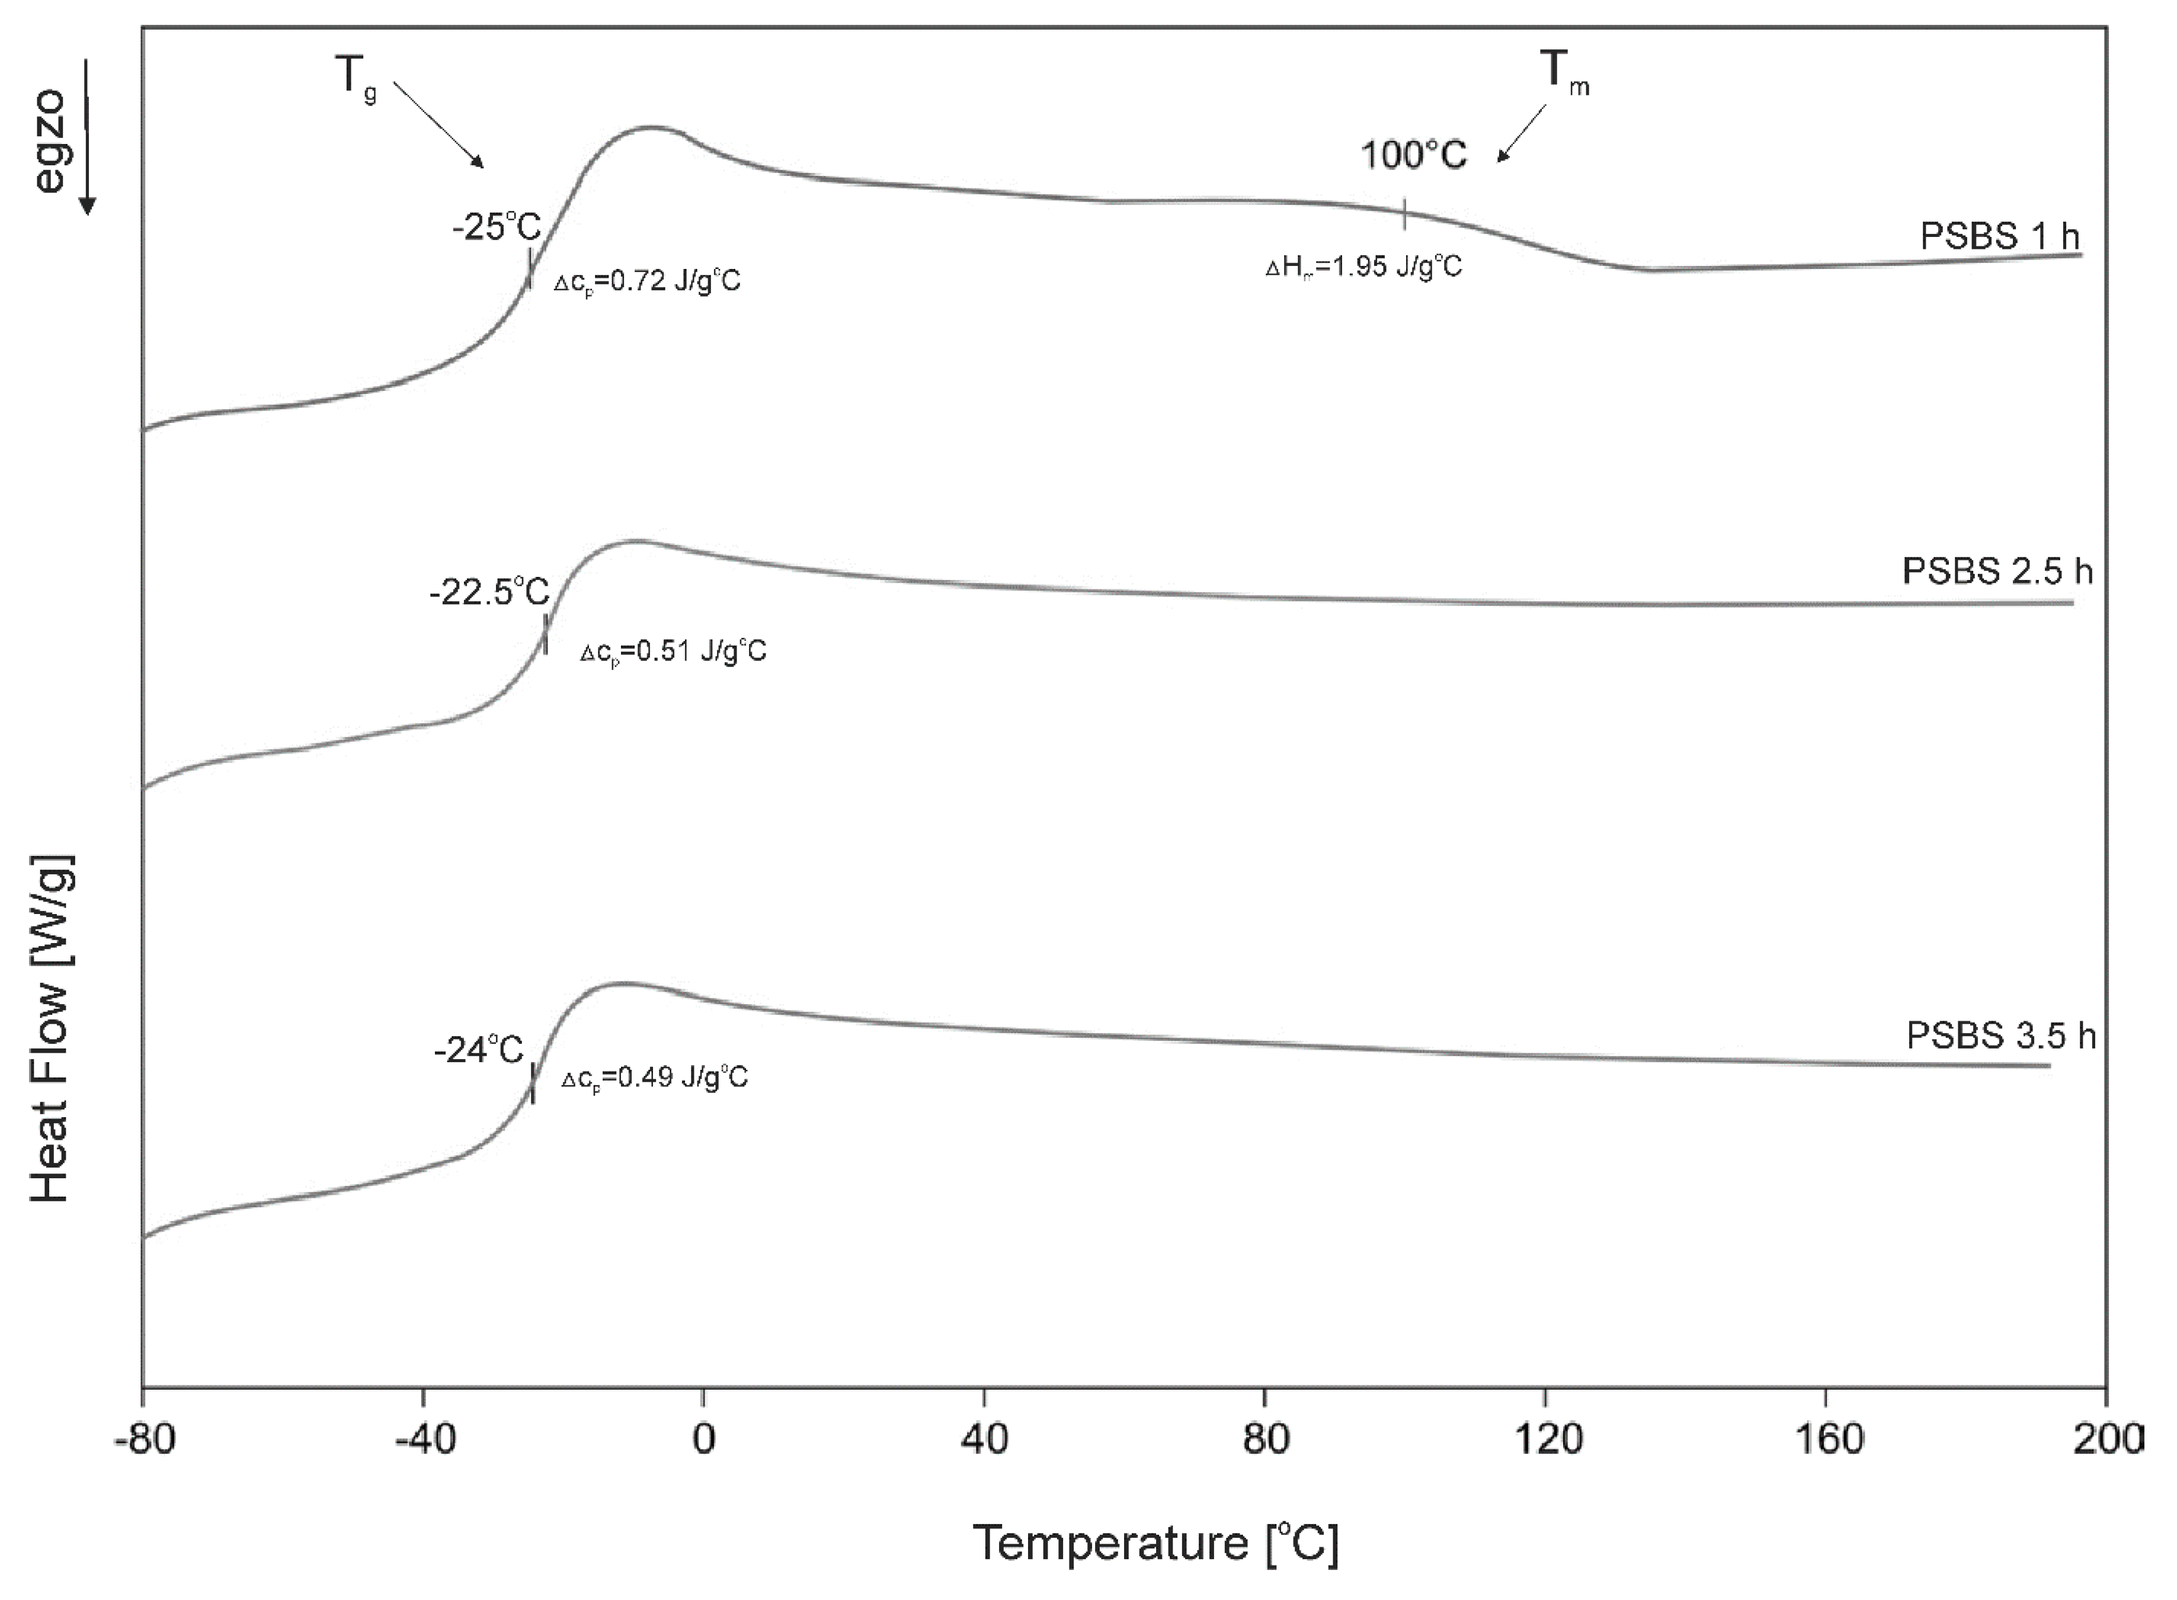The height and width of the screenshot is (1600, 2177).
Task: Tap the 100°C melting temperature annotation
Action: point(1414,155)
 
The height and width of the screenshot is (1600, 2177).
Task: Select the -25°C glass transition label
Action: point(496,227)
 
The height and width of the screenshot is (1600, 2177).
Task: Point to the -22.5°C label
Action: point(489,591)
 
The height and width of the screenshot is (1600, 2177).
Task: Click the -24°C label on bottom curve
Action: point(479,1050)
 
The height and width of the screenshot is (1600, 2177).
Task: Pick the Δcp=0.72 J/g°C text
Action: point(647,282)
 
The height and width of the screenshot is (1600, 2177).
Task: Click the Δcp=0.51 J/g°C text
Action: point(673,651)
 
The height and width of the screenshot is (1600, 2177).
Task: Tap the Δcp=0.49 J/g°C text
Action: point(655,1078)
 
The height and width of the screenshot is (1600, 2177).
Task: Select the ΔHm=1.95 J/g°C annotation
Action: point(1364,267)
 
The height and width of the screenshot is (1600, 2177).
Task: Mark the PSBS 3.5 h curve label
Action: point(2000,1036)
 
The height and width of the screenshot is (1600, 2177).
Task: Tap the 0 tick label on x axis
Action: point(703,1440)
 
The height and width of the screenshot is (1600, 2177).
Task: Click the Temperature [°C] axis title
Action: point(1156,1543)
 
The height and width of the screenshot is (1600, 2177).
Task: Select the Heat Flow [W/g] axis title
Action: point(50,1028)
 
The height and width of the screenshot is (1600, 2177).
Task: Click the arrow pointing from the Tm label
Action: point(1521,134)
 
